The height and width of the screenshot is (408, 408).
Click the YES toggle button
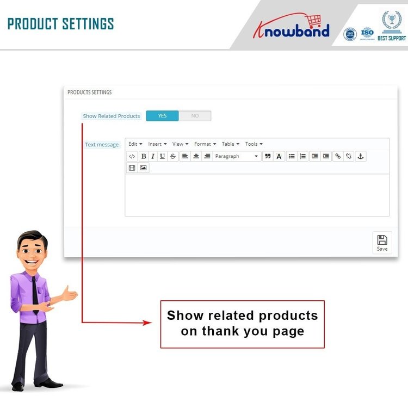[x=162, y=116]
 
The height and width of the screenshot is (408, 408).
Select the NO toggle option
[x=195, y=116]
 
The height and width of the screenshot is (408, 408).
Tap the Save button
[x=382, y=243]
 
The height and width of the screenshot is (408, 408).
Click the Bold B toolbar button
[x=144, y=156]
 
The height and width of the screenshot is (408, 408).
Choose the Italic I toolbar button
[x=153, y=156]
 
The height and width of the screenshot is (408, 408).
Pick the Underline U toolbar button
[x=162, y=156]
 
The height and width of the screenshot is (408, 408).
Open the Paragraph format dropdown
[x=237, y=156]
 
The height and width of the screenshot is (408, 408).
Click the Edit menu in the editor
[x=135, y=144]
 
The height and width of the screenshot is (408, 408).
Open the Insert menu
[x=157, y=144]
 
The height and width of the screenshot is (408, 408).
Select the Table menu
[x=230, y=144]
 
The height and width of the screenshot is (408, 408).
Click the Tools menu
[x=254, y=144]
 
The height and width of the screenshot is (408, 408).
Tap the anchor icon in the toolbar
[x=360, y=156]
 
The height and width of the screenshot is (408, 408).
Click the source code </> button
[x=132, y=156]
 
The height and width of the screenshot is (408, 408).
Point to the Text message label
[x=102, y=145]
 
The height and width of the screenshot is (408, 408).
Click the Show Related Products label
[x=111, y=116]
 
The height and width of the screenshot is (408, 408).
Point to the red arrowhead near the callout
[x=147, y=323]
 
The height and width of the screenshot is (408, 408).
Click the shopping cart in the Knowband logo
[x=313, y=21]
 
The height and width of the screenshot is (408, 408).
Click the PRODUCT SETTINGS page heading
[x=60, y=24]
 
